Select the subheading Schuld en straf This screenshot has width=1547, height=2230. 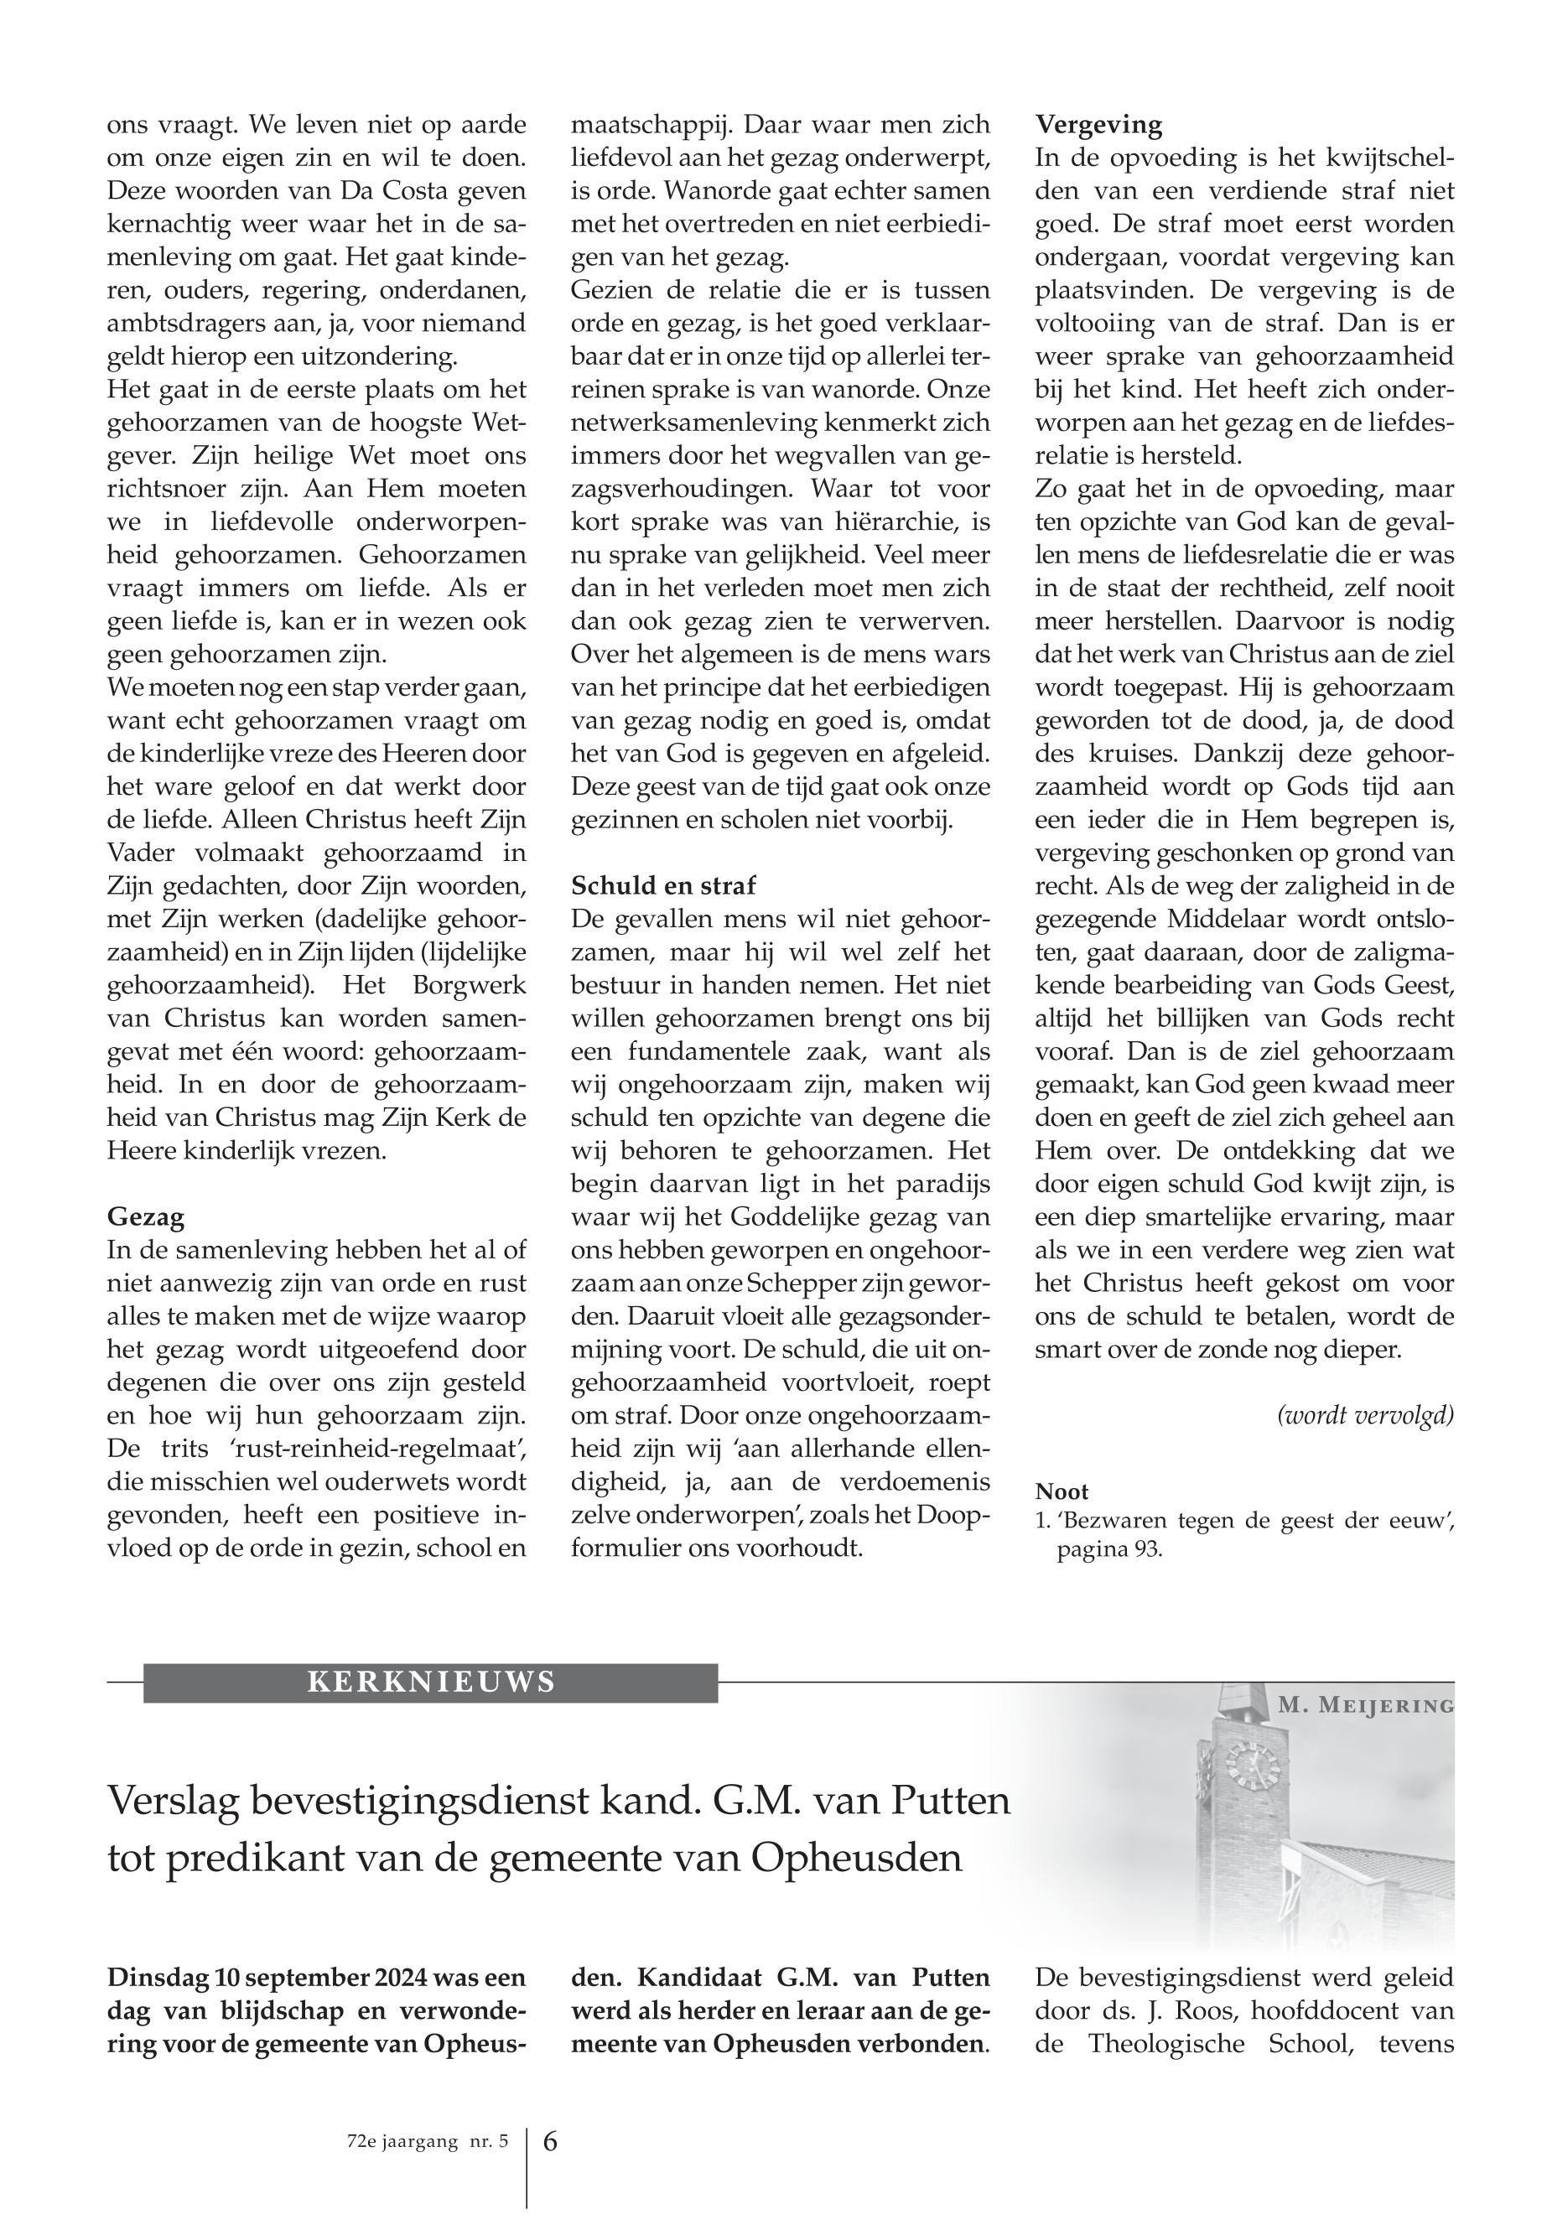[x=664, y=884]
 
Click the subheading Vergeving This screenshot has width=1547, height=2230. [x=1098, y=124]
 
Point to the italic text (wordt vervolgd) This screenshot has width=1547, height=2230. [x=1366, y=1415]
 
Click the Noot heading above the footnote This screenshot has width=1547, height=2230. [x=1062, y=1491]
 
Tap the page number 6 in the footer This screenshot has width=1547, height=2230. [x=549, y=2142]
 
